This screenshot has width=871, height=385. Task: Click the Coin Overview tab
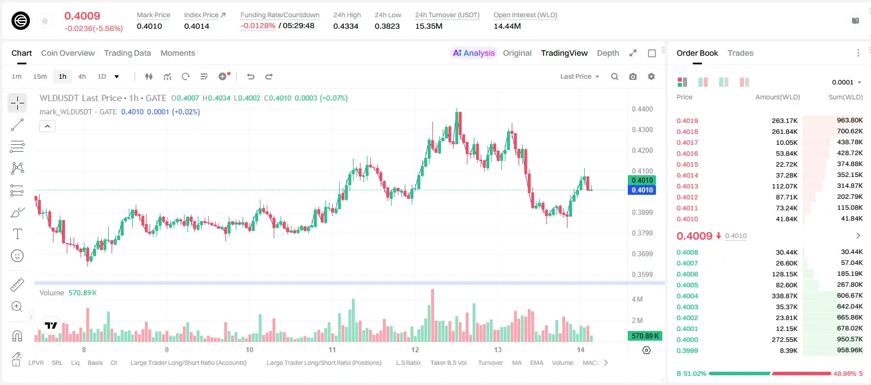point(68,53)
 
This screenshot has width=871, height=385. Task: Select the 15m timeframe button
point(40,76)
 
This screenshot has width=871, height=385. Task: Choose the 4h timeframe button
point(82,76)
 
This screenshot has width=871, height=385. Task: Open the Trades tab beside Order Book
point(740,53)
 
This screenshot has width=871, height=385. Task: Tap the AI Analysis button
point(474,53)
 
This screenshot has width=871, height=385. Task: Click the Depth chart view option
point(608,53)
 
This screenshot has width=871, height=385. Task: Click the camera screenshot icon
point(633,76)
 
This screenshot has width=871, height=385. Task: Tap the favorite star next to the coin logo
point(45,21)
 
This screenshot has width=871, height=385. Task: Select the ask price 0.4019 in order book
point(687,121)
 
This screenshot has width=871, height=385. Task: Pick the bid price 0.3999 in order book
point(687,351)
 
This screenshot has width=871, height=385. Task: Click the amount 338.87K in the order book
point(785,296)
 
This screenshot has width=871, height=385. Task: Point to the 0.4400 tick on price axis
point(642,109)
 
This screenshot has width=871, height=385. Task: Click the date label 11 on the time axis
point(332,349)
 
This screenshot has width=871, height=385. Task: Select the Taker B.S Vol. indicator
point(448,363)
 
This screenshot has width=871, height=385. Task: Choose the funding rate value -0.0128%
point(258,26)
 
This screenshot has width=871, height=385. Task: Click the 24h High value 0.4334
point(346,26)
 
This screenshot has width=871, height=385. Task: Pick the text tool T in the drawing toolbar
point(17,234)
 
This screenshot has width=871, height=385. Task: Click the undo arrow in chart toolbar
point(251,76)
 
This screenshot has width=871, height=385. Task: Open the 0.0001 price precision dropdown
point(846,82)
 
